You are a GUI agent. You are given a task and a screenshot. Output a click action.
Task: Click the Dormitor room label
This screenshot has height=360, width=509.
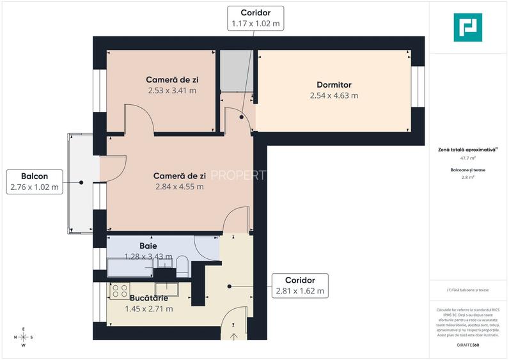pyautogui.click(x=334, y=84)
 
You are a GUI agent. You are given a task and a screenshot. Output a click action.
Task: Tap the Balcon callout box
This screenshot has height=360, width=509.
pyautogui.click(x=34, y=182)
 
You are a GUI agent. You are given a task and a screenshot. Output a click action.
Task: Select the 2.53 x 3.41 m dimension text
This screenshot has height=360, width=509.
pyautogui.click(x=171, y=90)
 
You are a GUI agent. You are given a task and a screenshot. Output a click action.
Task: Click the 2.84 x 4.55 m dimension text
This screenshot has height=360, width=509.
pyautogui.click(x=179, y=187)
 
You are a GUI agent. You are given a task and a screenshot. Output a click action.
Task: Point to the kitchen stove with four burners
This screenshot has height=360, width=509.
pyautogui.click(x=120, y=291)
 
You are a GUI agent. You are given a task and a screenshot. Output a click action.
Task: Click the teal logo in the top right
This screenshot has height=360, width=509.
pyautogui.click(x=467, y=27)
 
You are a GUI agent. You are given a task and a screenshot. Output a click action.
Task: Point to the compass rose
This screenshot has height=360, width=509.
pyautogui.click(x=24, y=337)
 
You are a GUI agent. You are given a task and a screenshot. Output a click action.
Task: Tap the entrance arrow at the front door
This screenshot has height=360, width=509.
pyautogui.click(x=233, y=335)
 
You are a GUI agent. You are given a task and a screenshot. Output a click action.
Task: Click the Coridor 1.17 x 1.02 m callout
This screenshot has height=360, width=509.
pyautogui.click(x=255, y=18)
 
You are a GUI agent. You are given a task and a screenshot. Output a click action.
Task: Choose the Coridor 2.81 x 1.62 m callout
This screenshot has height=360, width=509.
pyautogui.click(x=300, y=286)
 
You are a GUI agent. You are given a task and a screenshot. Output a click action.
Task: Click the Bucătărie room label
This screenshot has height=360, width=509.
pyautogui.click(x=148, y=299)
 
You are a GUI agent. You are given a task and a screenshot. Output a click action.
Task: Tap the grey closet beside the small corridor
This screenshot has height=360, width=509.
pyautogui.click(x=236, y=71)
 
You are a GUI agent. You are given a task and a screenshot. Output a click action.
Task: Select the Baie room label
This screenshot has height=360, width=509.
pyautogui.click(x=148, y=246)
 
